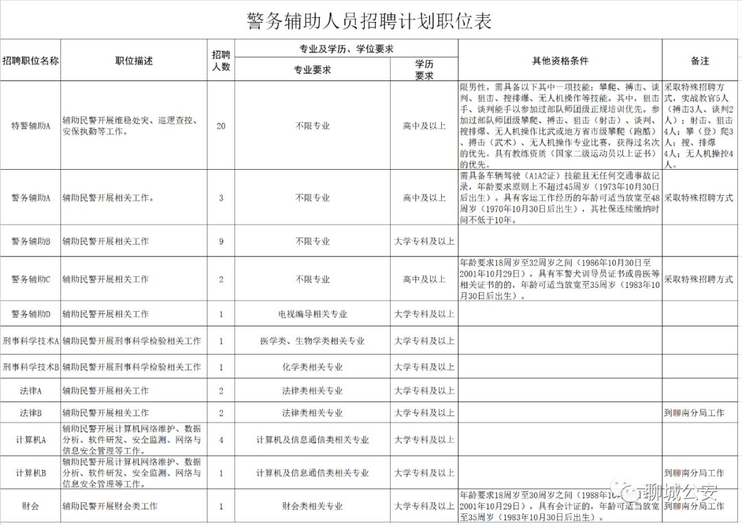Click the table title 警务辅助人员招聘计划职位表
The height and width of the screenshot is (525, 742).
tap(370, 21)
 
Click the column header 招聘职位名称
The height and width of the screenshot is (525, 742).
tap(31, 60)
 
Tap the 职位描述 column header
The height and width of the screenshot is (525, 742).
tap(134, 60)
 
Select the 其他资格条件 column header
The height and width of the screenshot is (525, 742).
tap(560, 60)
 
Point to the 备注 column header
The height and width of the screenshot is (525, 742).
tap(700, 60)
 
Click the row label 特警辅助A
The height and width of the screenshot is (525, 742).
tap(31, 126)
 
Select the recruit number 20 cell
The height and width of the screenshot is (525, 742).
tap(221, 126)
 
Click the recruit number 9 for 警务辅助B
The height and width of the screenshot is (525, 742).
tap(221, 241)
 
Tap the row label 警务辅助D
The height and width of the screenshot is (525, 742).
tap(31, 314)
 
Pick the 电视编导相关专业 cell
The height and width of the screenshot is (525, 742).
tap(313, 314)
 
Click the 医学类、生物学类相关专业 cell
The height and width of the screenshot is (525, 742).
tap(313, 340)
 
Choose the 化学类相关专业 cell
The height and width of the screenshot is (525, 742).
tap(313, 366)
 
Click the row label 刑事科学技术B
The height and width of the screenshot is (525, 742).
tap(31, 366)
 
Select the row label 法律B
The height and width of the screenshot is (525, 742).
tap(31, 413)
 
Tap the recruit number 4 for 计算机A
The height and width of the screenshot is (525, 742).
tap(221, 439)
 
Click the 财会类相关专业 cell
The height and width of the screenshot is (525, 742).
tap(313, 506)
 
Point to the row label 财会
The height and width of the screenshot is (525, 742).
tap(31, 506)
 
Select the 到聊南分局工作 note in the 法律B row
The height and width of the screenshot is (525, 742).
tap(694, 413)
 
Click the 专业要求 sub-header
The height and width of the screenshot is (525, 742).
tap(313, 69)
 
